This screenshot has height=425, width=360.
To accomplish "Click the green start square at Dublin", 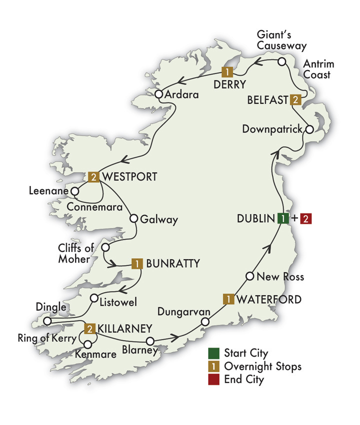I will pyautogui.click(x=283, y=218).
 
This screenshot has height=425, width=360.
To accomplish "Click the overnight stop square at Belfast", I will pyautogui.click(x=296, y=99).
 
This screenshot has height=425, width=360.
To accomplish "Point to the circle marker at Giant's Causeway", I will pyautogui.click(x=282, y=62).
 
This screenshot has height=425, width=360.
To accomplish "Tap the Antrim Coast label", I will pyautogui.click(x=318, y=69).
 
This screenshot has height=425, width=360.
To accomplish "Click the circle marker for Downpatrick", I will pyautogui.click(x=309, y=129).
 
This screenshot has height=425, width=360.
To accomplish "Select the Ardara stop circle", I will pyautogui.click(x=159, y=94).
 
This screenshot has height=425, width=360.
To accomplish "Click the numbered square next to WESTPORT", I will pyautogui.click(x=93, y=176).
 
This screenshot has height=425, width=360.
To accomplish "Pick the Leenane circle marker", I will pyautogui.click(x=75, y=191).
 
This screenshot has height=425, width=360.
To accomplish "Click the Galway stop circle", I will pyautogui.click(x=133, y=218).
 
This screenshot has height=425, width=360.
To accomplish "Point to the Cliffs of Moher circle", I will pyautogui.click(x=105, y=247).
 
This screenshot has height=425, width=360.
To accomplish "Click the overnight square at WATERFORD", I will pyautogui.click(x=227, y=299).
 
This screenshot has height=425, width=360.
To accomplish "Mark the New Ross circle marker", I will pyautogui.click(x=250, y=276).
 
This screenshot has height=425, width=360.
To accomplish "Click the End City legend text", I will pyautogui.click(x=243, y=379).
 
